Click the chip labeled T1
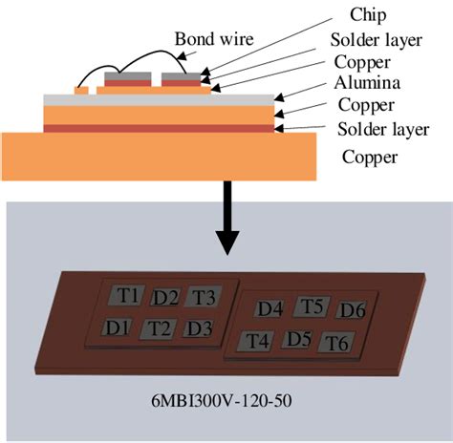[127, 295]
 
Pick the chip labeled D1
[118, 327]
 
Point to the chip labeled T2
[158, 329]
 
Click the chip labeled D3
[198, 329]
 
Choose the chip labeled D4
[270, 308]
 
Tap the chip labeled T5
[312, 306]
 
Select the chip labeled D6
[353, 311]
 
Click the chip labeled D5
[299, 339]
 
